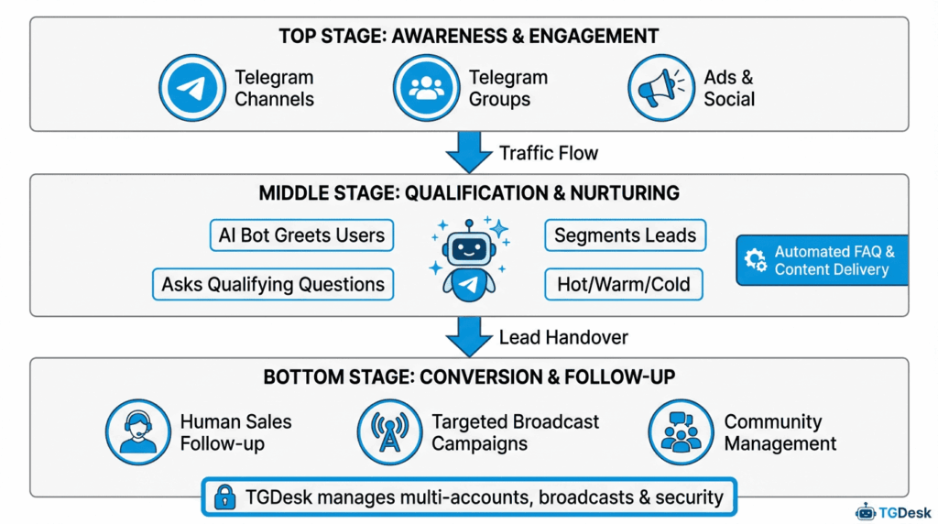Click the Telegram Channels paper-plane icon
coord(191,88)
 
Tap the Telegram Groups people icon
coord(426,88)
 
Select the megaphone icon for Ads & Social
coord(660,88)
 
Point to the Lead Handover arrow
coord(468,337)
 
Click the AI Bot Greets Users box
coord(301,235)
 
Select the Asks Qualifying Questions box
coord(272,284)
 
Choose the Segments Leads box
coord(625,235)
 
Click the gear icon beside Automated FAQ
coord(756,260)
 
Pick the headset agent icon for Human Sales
coord(138,431)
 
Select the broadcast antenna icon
coord(390,431)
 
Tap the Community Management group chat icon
coord(681,431)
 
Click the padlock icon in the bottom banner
coord(224,497)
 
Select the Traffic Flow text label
coord(548,152)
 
